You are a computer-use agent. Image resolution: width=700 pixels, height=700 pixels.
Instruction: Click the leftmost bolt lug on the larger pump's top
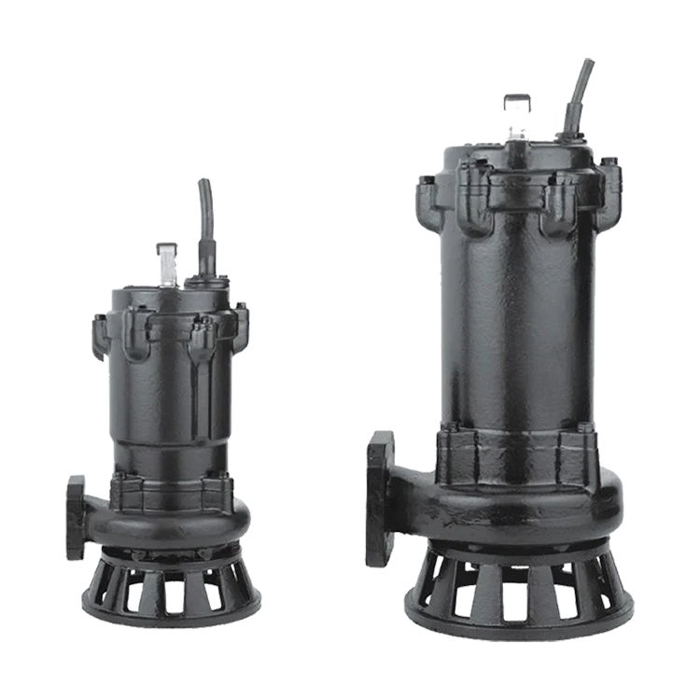pos(427,196)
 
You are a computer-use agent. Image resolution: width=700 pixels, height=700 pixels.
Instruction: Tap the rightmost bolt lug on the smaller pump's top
pos(241,322)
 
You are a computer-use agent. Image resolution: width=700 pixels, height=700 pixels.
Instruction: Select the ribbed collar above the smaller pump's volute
pos(168,490)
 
